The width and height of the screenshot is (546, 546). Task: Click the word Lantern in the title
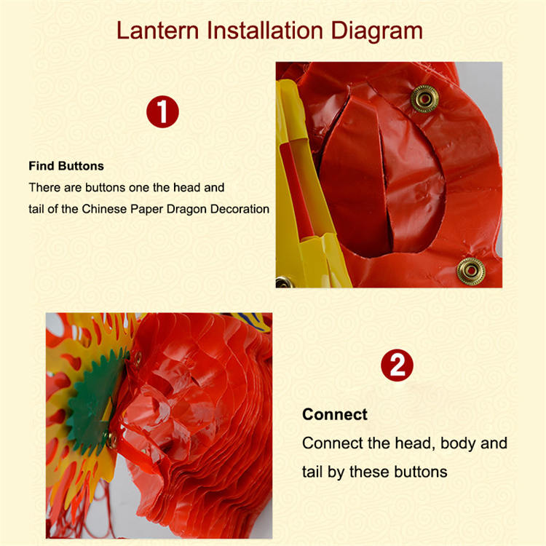(157, 31)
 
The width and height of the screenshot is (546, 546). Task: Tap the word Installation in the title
(265, 31)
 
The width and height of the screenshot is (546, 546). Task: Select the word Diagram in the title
(377, 31)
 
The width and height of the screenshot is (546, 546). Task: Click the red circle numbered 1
(162, 112)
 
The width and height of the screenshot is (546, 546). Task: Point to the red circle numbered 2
(397, 365)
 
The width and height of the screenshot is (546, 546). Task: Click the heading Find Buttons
(66, 166)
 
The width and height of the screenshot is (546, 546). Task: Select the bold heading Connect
(335, 414)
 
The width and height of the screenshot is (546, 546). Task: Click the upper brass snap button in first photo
(424, 99)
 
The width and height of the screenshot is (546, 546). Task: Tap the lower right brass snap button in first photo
(471, 271)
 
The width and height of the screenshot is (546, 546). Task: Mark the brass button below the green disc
(112, 440)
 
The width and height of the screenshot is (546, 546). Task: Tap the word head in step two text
(413, 443)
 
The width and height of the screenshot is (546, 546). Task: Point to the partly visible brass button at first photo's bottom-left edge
(283, 282)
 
